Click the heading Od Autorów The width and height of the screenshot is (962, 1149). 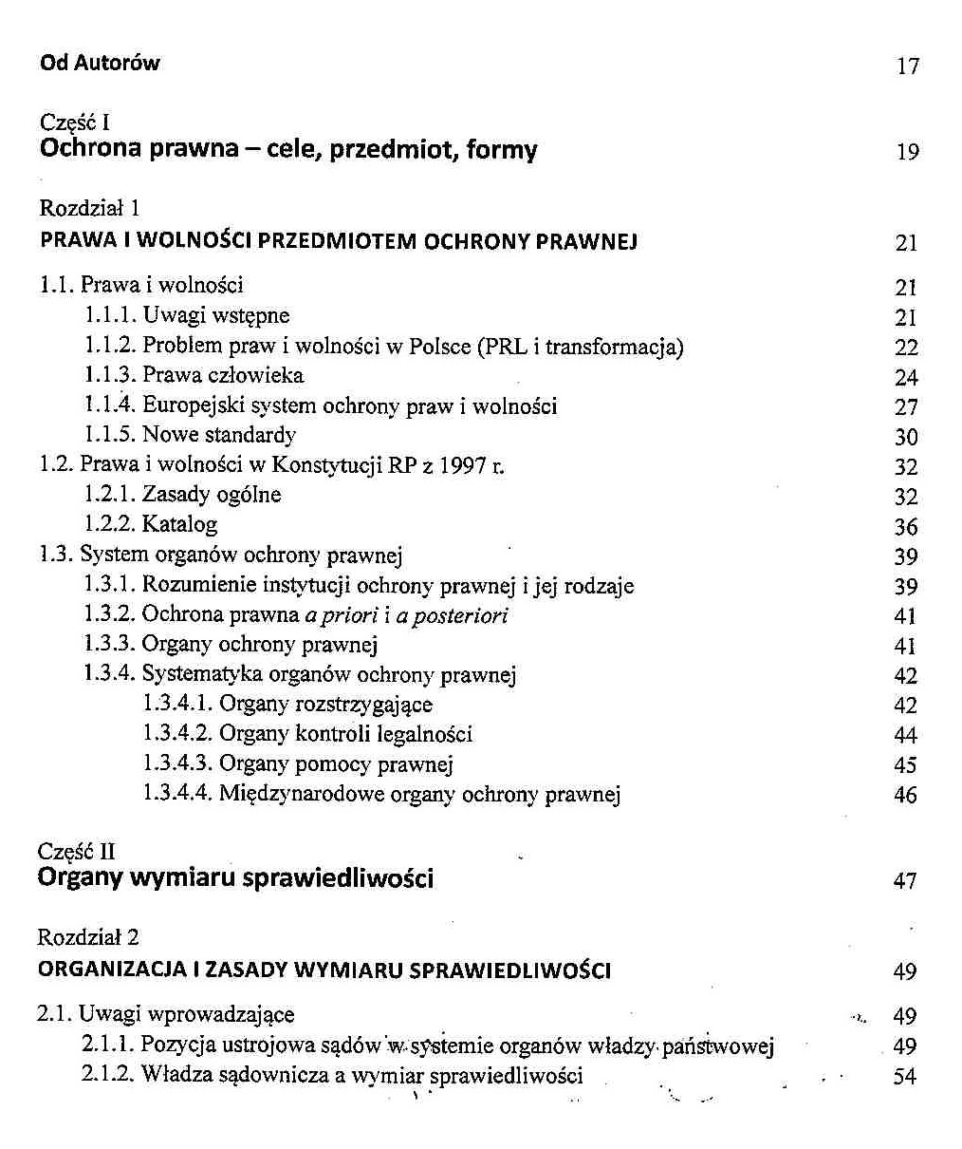point(100,64)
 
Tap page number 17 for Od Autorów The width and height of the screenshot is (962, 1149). point(908,66)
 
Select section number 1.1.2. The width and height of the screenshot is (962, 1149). point(110,346)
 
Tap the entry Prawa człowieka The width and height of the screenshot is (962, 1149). point(223,375)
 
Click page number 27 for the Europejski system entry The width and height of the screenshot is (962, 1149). point(906,407)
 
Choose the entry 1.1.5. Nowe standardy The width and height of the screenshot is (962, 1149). point(190,435)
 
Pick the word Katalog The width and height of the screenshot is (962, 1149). point(180,524)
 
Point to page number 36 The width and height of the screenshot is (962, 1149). point(906,527)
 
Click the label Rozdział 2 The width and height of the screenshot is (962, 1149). point(88,937)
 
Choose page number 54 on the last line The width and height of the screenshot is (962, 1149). point(905,1078)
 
